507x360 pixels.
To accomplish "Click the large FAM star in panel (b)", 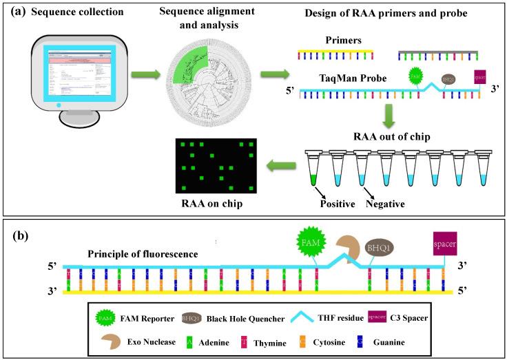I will pos(309,242).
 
